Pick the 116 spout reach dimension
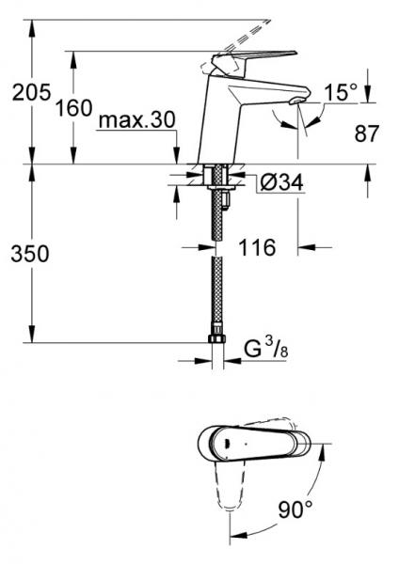point(257,248)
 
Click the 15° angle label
point(341,92)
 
